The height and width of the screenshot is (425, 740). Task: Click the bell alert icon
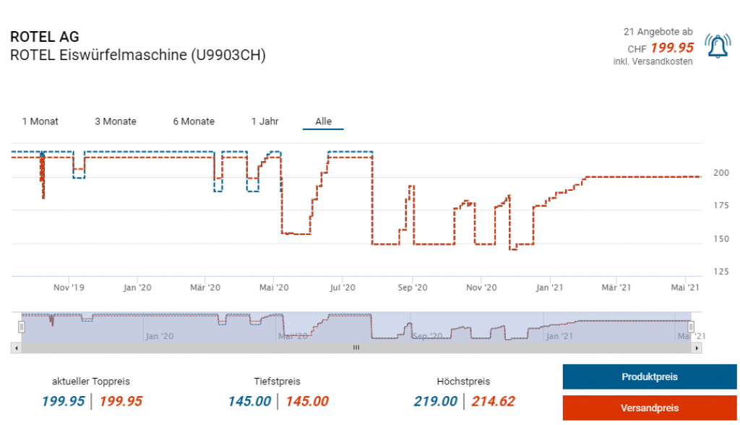[x=717, y=47]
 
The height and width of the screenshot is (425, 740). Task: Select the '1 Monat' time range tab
[x=40, y=121]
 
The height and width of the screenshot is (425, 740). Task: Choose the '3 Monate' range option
[x=116, y=121]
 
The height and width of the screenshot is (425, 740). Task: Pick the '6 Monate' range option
[x=194, y=121]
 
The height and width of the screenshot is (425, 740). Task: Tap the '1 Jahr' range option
[x=265, y=121]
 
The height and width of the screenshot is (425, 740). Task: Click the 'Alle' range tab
[x=323, y=121]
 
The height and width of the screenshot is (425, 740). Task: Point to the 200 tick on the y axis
[x=720, y=173]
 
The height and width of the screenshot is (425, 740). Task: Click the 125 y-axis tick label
[x=720, y=272]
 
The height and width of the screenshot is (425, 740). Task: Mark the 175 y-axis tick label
[x=720, y=206]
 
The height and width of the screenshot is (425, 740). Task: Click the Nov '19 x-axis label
[x=69, y=287]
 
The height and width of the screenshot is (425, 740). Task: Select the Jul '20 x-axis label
[x=343, y=287]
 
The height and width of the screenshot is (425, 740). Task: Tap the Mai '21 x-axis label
[x=685, y=287]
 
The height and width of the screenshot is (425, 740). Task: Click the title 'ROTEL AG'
[x=45, y=37]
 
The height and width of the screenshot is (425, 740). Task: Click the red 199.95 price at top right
[x=672, y=48]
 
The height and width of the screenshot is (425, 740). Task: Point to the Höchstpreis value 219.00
[x=436, y=401]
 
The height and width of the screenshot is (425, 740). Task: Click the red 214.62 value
[x=494, y=401]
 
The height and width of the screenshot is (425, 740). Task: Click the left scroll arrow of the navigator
[x=15, y=348]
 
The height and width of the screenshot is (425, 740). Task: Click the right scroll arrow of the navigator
[x=697, y=348]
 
